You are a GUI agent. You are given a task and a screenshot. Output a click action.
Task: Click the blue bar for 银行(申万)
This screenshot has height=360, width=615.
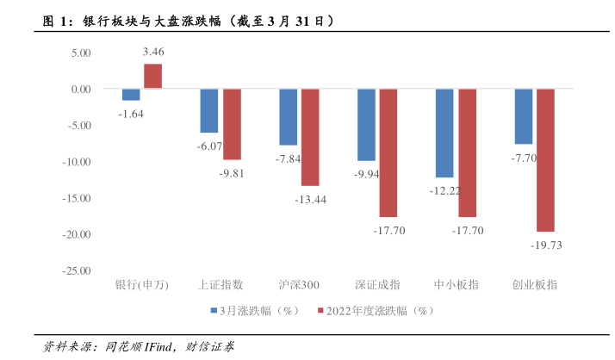(x=131, y=95)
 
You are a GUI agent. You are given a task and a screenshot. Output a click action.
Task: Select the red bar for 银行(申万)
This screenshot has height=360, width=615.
(x=153, y=76)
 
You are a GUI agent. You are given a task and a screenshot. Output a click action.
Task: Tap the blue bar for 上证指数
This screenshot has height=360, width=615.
(x=209, y=110)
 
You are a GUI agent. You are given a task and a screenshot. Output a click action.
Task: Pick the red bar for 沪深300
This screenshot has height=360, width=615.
(x=310, y=137)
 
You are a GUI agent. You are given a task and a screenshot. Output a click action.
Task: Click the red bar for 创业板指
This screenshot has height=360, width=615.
(x=545, y=160)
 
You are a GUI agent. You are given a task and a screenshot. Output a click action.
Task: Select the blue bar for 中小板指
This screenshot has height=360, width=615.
(x=444, y=133)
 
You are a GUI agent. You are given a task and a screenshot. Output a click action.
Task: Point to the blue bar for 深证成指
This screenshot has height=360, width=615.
(x=366, y=125)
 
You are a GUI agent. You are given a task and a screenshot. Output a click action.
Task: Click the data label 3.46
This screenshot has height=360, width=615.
(x=153, y=53)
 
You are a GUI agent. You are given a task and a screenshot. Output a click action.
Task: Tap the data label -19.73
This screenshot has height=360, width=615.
(x=545, y=245)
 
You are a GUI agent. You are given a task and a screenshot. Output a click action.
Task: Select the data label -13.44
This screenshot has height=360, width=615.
(x=310, y=199)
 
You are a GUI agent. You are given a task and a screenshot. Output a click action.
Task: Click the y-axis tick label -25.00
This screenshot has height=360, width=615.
(x=78, y=270)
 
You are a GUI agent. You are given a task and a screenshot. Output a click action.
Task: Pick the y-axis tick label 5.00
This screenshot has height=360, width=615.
(x=81, y=53)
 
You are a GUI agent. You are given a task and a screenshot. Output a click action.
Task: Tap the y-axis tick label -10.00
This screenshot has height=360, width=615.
(x=78, y=162)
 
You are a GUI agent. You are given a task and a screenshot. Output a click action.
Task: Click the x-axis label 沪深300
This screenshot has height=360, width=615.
(x=299, y=285)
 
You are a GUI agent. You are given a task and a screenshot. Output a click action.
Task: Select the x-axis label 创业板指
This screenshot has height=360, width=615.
(x=534, y=285)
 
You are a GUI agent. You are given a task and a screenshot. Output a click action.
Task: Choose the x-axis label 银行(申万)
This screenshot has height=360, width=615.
(x=142, y=285)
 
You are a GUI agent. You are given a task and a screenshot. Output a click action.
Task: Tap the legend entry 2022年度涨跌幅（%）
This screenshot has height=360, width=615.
(x=378, y=310)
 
